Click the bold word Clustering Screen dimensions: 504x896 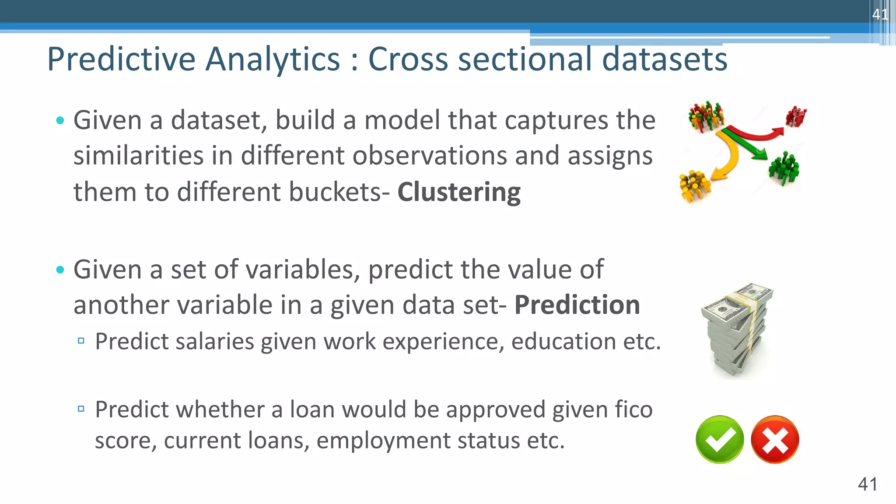click(x=458, y=192)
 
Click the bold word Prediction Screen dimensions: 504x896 click(x=577, y=305)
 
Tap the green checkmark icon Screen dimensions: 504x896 click(x=719, y=439)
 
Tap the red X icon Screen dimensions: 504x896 click(x=775, y=439)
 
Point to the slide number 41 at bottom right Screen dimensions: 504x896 click(x=867, y=484)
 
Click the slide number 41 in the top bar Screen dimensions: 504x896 click(x=879, y=14)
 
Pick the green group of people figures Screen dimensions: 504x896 click(x=784, y=168)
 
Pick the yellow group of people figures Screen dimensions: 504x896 click(x=694, y=186)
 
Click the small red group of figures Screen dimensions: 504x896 click(x=796, y=116)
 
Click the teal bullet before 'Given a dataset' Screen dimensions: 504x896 click(x=60, y=120)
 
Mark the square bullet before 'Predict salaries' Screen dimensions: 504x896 click(x=81, y=341)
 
